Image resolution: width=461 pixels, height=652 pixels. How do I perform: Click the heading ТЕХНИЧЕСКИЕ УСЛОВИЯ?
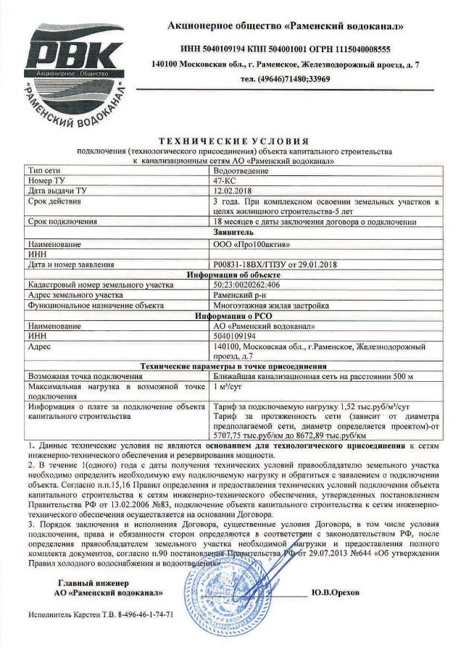[x=233, y=141]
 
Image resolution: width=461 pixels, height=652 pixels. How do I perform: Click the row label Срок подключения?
[x=61, y=221]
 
